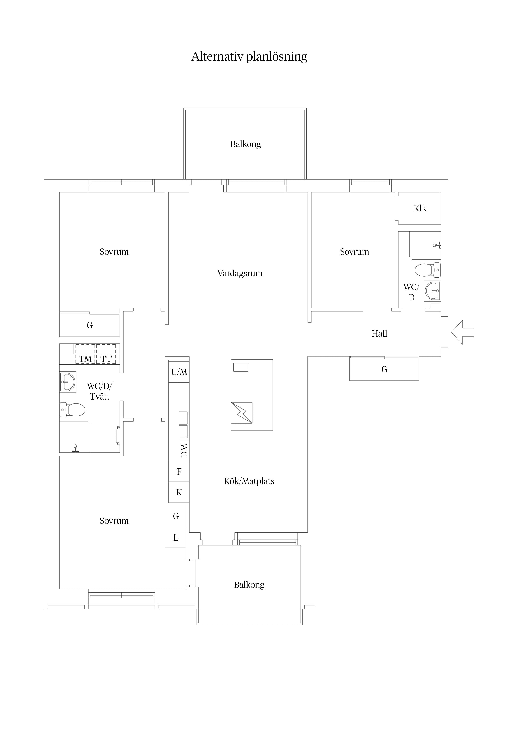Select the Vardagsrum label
click(x=240, y=274)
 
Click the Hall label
click(x=379, y=334)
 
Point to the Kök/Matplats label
click(x=249, y=481)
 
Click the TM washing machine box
click(x=85, y=354)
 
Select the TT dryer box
click(x=106, y=354)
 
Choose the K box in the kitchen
click(x=179, y=492)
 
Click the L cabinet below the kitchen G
click(x=175, y=538)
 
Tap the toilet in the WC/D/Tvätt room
click(x=72, y=410)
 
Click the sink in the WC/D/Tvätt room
click(x=68, y=382)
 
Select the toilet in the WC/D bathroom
click(x=428, y=270)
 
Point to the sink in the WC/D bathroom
click(x=432, y=291)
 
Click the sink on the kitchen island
click(x=242, y=413)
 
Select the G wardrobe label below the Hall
click(x=384, y=369)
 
